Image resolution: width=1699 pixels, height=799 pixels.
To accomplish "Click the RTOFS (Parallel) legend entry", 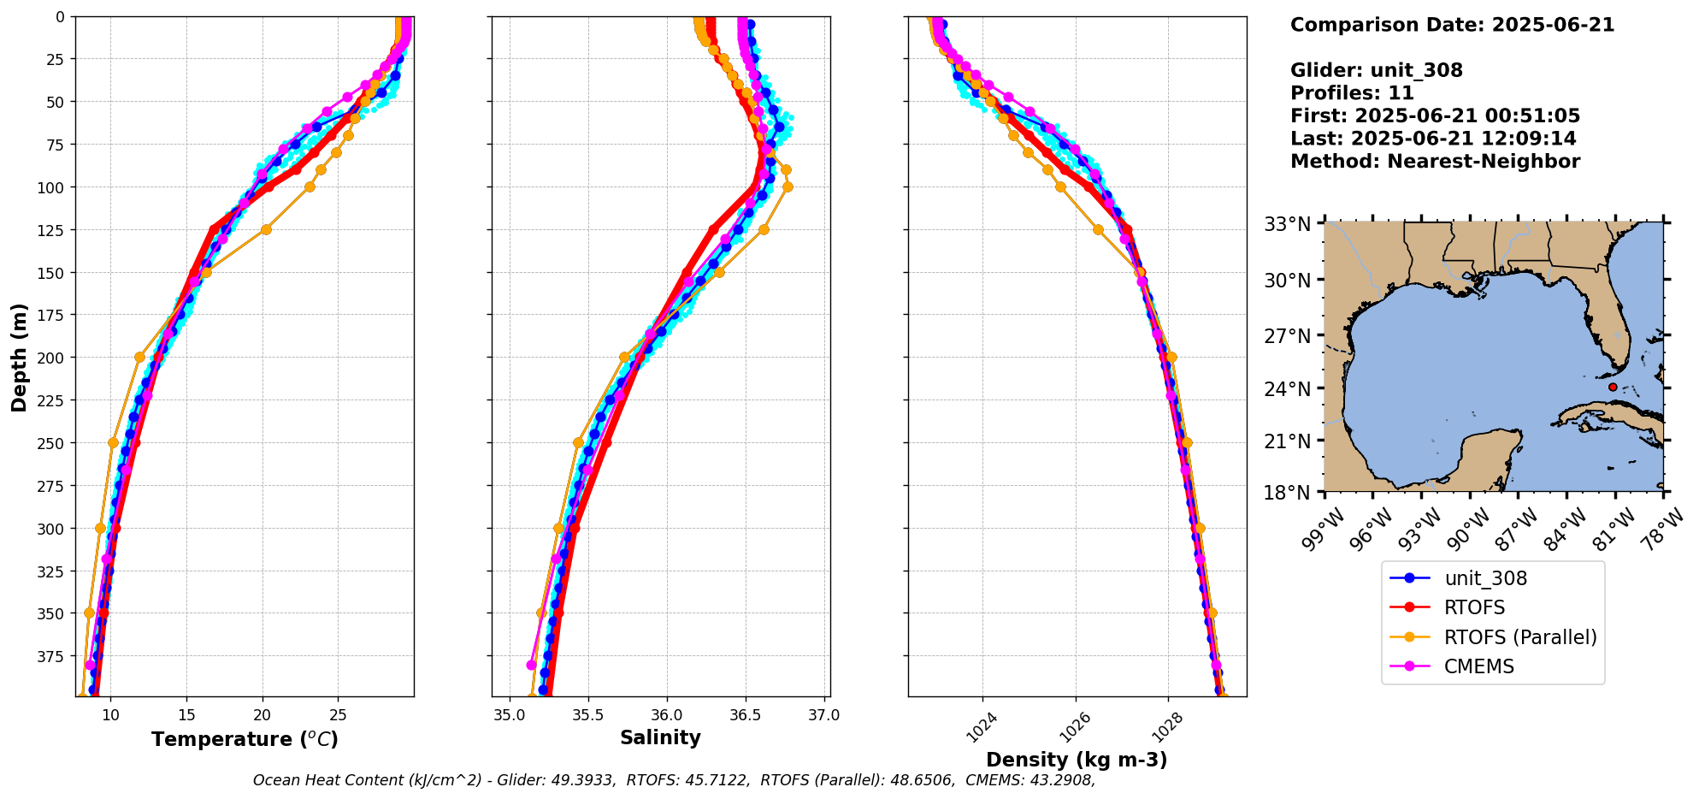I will tap(1519, 637).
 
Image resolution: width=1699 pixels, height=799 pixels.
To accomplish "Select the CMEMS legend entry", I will tap(1478, 666).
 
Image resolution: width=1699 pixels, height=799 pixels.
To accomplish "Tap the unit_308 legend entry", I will tap(1485, 578).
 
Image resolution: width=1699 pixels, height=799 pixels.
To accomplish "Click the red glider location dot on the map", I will tap(1613, 387).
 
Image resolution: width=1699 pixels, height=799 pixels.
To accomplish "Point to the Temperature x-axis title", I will tap(245, 739).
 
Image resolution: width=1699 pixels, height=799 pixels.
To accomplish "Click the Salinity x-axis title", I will tap(660, 737).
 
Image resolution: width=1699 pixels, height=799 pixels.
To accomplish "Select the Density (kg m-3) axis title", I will tap(1077, 760).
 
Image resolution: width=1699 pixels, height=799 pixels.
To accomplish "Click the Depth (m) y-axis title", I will tap(20, 357).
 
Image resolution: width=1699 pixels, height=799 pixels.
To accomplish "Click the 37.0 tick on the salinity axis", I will tap(823, 715).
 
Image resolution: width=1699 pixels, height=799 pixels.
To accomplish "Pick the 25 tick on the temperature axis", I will tap(339, 715).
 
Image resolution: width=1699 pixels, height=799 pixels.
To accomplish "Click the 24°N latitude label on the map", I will tap(1287, 389).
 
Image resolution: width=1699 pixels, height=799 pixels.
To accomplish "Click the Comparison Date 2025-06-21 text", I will tap(1452, 25).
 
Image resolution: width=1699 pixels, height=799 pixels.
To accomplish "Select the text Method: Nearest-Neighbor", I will tap(1435, 162).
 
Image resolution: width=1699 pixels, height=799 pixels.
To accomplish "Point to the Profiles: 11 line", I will tap(1352, 93).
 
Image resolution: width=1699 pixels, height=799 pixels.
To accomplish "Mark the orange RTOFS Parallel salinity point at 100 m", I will tap(788, 186).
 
